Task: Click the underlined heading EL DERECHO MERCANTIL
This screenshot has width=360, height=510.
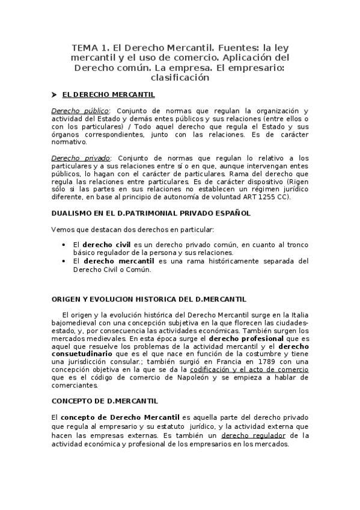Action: pyautogui.click(x=108, y=95)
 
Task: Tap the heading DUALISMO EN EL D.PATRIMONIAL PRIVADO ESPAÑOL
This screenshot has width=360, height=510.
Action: pyautogui.click(x=151, y=213)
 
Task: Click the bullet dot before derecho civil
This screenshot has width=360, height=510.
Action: pyautogui.click(x=64, y=245)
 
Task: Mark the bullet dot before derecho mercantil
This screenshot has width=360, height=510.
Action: pyautogui.click(x=64, y=262)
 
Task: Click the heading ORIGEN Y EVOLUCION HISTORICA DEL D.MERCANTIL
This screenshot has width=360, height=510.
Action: pyautogui.click(x=148, y=299)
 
